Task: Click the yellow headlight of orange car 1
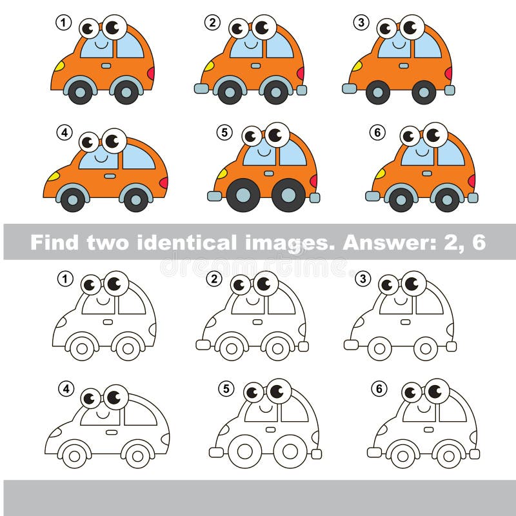pos(59,66)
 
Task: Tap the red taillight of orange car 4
pos(163,183)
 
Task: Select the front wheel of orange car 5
pos(243,195)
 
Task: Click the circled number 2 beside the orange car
pos(213,23)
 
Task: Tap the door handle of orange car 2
pos(256,66)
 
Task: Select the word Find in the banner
pos(53,243)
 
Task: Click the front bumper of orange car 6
pos(373,195)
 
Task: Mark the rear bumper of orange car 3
pos(450,90)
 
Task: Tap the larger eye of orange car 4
pos(114,139)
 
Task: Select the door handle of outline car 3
pos(404,321)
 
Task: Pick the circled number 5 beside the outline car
pos(225,389)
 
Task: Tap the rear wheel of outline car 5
pos(289,450)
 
